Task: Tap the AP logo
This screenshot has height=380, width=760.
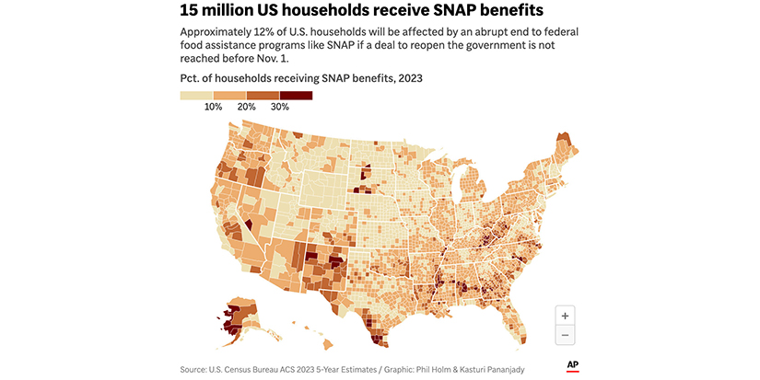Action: click(572, 365)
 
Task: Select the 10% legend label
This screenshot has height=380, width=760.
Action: click(214, 107)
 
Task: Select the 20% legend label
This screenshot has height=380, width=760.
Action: click(247, 107)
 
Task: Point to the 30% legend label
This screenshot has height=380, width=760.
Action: click(280, 107)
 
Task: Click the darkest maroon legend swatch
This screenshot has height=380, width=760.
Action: click(297, 95)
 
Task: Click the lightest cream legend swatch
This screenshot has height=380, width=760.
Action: click(196, 95)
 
